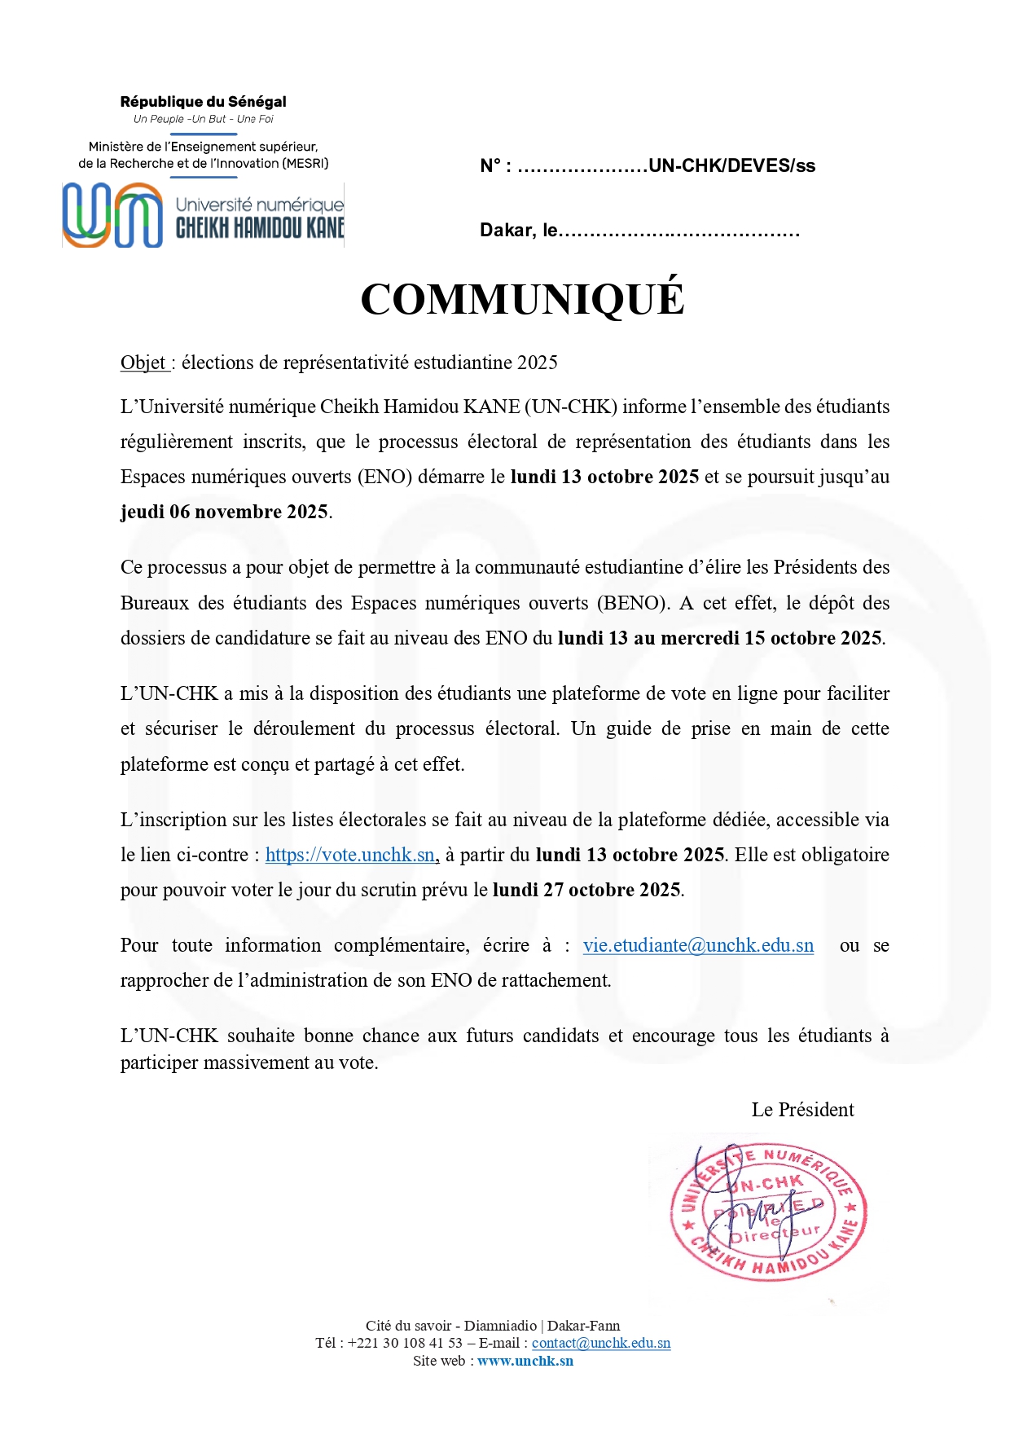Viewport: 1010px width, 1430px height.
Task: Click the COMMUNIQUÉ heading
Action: [522, 299]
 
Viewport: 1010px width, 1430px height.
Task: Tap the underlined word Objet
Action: [143, 363]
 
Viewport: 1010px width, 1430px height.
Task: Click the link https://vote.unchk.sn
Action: [350, 855]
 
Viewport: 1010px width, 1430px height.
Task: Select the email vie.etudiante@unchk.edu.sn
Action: [698, 945]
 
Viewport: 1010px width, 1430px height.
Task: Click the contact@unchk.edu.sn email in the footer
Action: [601, 1343]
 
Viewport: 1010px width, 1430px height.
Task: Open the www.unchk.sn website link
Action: [525, 1361]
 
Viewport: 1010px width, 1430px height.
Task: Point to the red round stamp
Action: [768, 1212]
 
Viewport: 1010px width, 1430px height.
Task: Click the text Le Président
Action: [802, 1110]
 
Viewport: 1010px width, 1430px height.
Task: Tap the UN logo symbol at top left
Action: [113, 215]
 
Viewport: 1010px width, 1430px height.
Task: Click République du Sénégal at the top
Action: [203, 102]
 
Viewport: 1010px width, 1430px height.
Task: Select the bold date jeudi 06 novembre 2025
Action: [224, 512]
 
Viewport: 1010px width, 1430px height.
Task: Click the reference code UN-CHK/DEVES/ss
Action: [731, 166]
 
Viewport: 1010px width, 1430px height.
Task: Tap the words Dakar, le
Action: [519, 231]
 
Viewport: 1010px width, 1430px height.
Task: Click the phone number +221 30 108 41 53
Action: [405, 1343]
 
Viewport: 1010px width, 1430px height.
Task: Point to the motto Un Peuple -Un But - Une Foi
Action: [203, 119]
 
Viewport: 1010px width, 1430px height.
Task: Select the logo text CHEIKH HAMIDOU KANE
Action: [260, 228]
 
